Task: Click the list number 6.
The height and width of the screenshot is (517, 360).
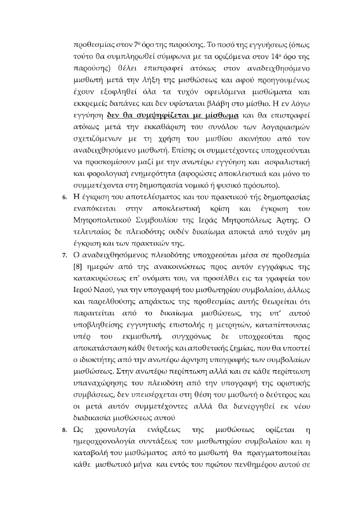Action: pos(65,198)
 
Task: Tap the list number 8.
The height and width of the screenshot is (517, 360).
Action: pos(65,430)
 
